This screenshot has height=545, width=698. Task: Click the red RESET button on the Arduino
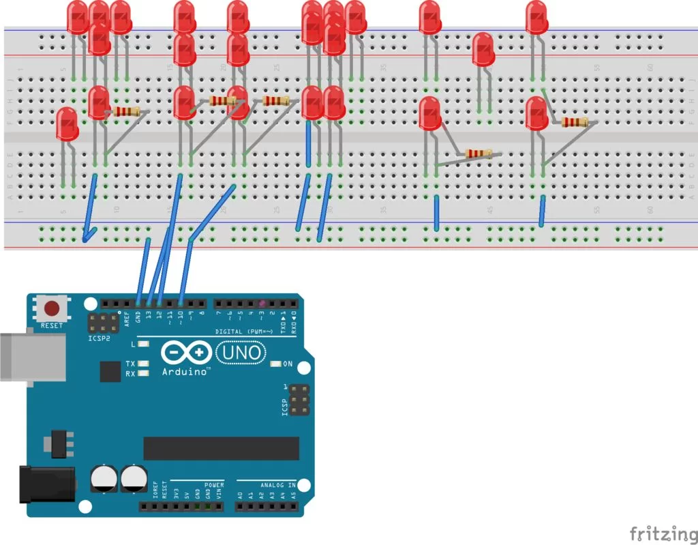[x=52, y=308]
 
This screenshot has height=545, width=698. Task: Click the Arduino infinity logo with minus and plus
[x=186, y=353]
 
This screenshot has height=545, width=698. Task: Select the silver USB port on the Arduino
[x=31, y=357]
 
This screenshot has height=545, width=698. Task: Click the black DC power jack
[x=46, y=483]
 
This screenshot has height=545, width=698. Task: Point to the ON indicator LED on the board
[x=275, y=364]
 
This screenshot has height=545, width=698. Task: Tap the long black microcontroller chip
[x=221, y=448]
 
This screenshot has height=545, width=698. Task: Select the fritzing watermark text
[x=658, y=533]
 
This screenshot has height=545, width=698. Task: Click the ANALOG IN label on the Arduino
[x=277, y=485]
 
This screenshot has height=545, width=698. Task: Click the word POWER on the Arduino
[x=213, y=485]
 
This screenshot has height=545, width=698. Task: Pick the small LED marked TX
[x=143, y=364]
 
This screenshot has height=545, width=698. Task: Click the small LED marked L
[x=143, y=344]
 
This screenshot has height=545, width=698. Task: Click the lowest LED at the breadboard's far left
[x=66, y=125]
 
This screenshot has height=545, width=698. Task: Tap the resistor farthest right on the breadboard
[x=575, y=122]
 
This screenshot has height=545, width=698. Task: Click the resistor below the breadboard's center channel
[x=478, y=154]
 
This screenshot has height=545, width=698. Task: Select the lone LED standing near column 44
[x=483, y=50]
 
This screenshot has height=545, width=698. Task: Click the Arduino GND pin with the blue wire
[x=138, y=304]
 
